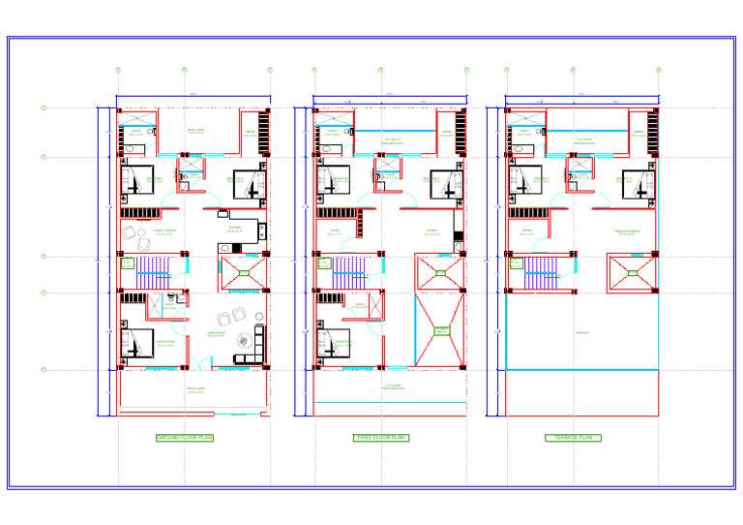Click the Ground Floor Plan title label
[185, 438]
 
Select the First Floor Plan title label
[381, 438]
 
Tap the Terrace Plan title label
[573, 438]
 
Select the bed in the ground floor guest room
[136, 345]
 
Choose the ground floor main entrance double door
[200, 363]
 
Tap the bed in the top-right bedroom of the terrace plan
[637, 183]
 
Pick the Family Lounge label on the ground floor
[165, 231]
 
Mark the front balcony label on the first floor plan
[393, 386]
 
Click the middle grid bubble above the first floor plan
[380, 70]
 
